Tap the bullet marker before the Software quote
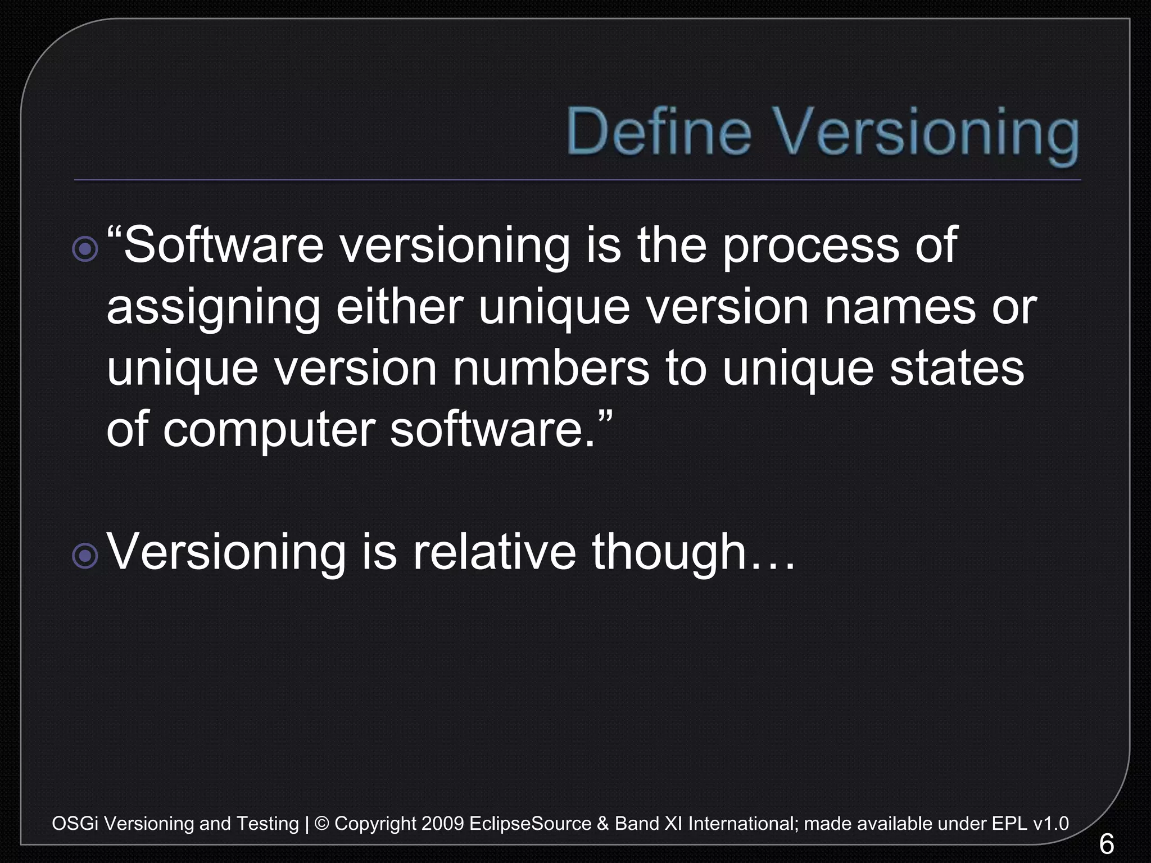coord(85,248)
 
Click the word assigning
coord(214,309)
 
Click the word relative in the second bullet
coord(495,552)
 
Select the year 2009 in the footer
coord(442,824)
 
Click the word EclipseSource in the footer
coord(530,824)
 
